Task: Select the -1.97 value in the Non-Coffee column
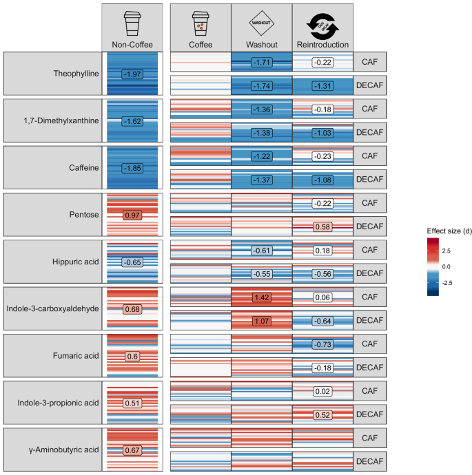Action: [132, 74]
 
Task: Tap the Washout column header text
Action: [261, 45]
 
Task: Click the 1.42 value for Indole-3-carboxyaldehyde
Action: [261, 297]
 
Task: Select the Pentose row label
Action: [83, 215]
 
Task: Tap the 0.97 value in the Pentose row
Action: [132, 215]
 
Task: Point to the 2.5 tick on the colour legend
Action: [447, 251]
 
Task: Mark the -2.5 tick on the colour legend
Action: [448, 282]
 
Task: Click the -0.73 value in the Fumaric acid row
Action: [322, 344]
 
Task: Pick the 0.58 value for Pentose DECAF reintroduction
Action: [322, 226]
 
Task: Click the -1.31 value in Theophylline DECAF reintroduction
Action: [322, 85]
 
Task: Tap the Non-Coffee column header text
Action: [132, 45]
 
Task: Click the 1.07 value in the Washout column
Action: [261, 321]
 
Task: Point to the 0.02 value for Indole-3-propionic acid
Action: [322, 391]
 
